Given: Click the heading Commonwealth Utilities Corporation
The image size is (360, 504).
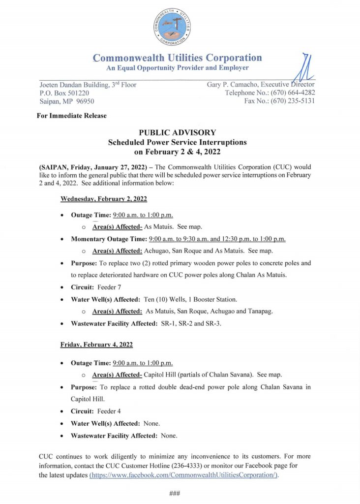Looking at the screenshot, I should point(177,58).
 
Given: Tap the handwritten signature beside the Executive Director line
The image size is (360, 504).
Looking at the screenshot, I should point(304,66).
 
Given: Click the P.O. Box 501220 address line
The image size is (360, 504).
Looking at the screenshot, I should point(64,93).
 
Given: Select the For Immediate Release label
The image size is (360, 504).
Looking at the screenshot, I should point(71,116).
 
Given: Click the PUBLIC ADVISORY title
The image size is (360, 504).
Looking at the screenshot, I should point(177,133).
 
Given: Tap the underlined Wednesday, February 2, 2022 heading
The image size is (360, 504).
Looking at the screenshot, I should point(103,199).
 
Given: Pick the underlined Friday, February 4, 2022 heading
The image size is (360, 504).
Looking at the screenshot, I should point(96,345).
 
